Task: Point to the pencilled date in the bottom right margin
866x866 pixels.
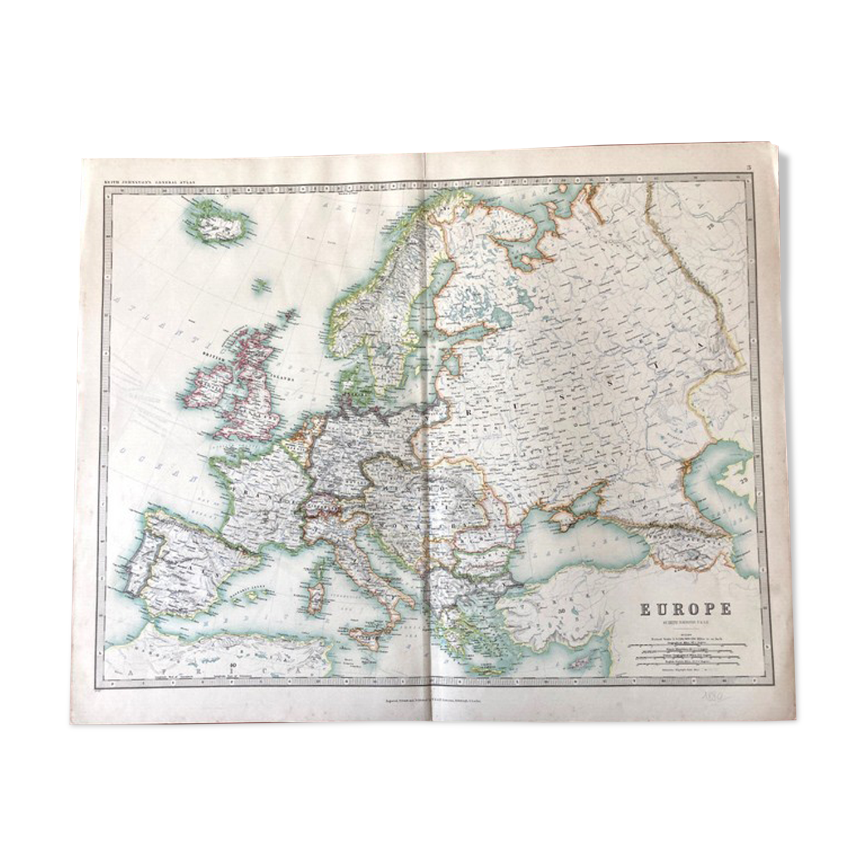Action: (x=711, y=696)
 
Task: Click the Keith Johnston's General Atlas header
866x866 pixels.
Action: (x=149, y=180)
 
